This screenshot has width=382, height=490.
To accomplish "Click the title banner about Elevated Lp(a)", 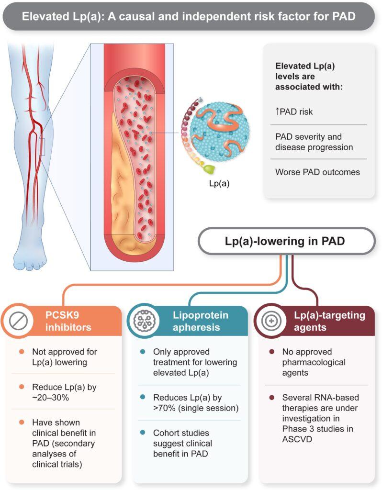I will point(191,16).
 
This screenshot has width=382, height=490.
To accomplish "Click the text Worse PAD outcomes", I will point(317,172).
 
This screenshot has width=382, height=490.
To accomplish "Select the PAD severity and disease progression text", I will point(314,142).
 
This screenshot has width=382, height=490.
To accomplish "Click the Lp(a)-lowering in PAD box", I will point(286,241).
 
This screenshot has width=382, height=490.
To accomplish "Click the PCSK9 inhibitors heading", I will point(69,322).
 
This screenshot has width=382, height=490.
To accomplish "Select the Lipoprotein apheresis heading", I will point(200,322).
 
